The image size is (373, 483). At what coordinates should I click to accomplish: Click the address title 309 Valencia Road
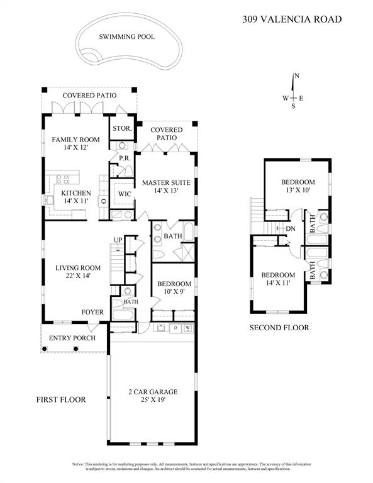[292, 19]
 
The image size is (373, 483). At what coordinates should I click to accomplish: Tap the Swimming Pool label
[126, 37]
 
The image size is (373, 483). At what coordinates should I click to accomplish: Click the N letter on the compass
[297, 76]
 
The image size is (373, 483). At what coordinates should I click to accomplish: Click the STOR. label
[122, 128]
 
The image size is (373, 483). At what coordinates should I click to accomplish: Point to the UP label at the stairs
[118, 239]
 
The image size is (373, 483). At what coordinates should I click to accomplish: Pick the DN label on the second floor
[291, 228]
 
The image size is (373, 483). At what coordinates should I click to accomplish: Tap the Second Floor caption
[279, 328]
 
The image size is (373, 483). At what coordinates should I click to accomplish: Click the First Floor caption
[60, 399]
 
